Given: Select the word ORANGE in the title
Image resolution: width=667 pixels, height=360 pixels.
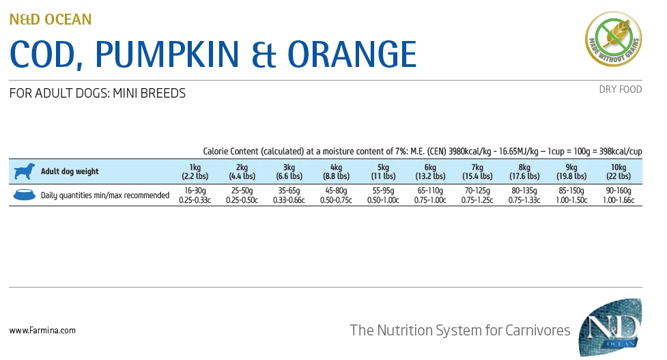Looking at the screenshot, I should pos(351,54).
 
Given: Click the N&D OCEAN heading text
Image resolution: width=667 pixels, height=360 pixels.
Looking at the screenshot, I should pos(51,19).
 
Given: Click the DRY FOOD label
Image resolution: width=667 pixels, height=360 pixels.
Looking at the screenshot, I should pos(620,89).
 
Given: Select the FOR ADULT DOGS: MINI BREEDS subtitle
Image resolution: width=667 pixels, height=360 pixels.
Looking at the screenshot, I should pos(98,94).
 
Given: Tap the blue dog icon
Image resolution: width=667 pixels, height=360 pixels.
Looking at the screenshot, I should pos(24,171).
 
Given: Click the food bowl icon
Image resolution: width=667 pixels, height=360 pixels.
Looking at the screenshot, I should pos(24,195).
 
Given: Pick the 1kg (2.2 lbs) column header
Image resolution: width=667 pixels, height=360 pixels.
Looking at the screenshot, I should pos(195,171).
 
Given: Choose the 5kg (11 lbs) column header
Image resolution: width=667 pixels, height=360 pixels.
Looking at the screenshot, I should pos(383,171).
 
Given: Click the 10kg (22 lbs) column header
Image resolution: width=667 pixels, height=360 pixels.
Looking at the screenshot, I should pos(619,171).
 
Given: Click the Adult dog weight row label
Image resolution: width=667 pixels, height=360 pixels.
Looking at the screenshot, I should pos(70,171).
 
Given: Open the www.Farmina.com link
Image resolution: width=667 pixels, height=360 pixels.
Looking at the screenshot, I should pos(42,331).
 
